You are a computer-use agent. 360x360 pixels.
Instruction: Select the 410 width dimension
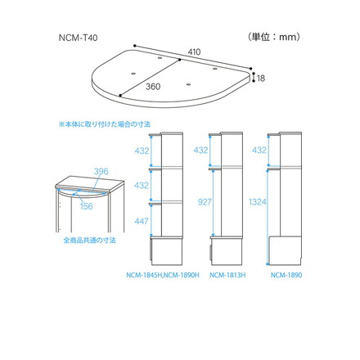point(194,52)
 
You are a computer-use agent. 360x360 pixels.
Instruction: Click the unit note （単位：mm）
point(272,38)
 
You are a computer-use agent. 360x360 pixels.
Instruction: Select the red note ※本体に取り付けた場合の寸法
point(110,124)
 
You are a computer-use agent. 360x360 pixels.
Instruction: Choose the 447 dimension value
point(142,220)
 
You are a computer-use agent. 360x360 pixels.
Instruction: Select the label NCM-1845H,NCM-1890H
point(162,274)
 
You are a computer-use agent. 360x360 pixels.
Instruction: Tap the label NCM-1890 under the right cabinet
point(287,274)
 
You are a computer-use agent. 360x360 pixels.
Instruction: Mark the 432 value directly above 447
point(142,186)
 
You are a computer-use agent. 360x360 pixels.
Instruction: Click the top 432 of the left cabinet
point(142,151)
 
